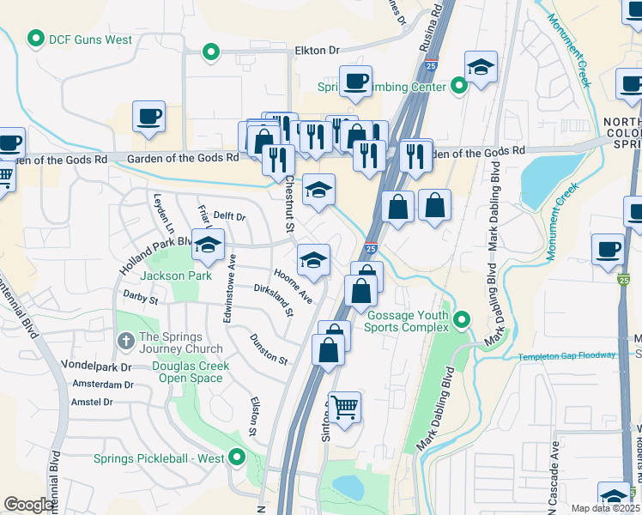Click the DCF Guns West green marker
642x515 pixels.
click(36, 39)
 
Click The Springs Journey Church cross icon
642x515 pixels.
click(125, 342)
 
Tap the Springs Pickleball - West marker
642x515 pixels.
click(237, 457)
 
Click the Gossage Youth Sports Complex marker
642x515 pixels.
click(462, 320)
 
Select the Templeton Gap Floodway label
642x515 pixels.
click(566, 355)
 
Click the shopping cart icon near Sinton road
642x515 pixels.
click(344, 408)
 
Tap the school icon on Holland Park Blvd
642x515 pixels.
click(207, 246)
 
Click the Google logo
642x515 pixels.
click(28, 505)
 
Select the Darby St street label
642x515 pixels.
click(141, 298)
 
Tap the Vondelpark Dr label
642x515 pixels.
click(96, 366)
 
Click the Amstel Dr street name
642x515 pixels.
click(93, 402)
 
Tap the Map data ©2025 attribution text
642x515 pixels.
click(605, 508)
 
